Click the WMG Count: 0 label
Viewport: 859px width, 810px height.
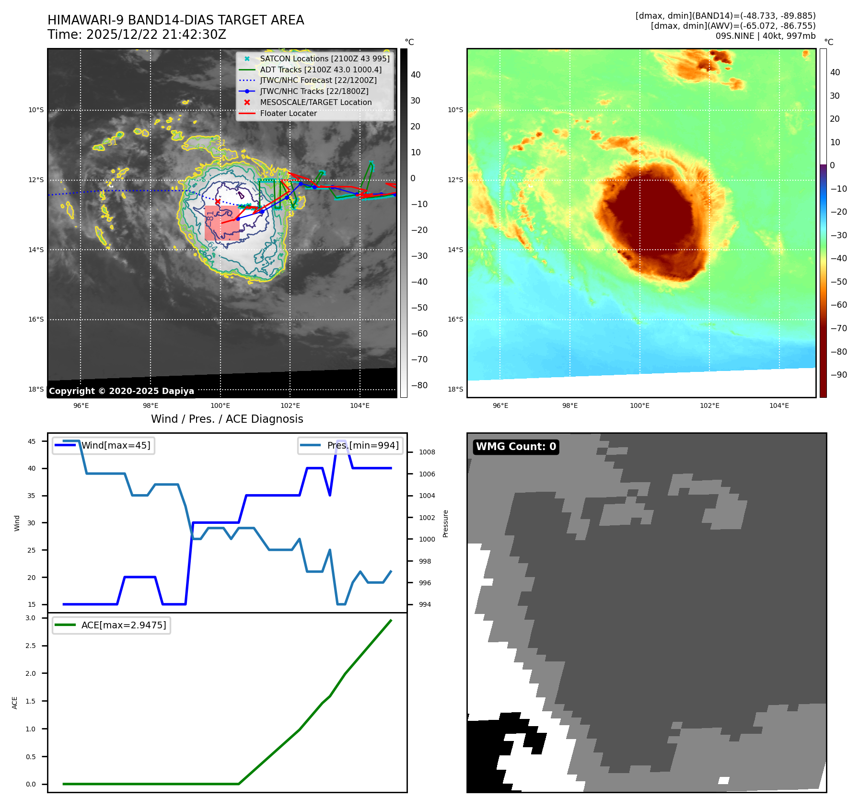(516, 447)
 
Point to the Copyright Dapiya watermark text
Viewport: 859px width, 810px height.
(121, 391)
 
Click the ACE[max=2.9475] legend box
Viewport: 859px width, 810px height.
(111, 625)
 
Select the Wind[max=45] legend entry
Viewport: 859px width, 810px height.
(104, 445)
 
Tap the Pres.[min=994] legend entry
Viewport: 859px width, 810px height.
(350, 445)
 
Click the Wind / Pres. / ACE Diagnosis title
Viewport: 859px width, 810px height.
(227, 419)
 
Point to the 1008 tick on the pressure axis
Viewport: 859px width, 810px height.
(427, 452)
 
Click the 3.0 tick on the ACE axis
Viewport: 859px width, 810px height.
(31, 618)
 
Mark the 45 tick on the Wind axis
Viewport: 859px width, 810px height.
(32, 441)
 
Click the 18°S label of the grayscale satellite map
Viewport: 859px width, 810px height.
(36, 389)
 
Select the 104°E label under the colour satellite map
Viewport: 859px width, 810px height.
(779, 405)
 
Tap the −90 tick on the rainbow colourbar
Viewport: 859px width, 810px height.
(838, 375)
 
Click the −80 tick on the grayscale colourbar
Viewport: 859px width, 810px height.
(419, 385)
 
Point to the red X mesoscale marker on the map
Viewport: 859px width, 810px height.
(218, 201)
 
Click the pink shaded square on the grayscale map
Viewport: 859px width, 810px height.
(222, 223)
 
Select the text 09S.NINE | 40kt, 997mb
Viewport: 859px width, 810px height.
(765, 36)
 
